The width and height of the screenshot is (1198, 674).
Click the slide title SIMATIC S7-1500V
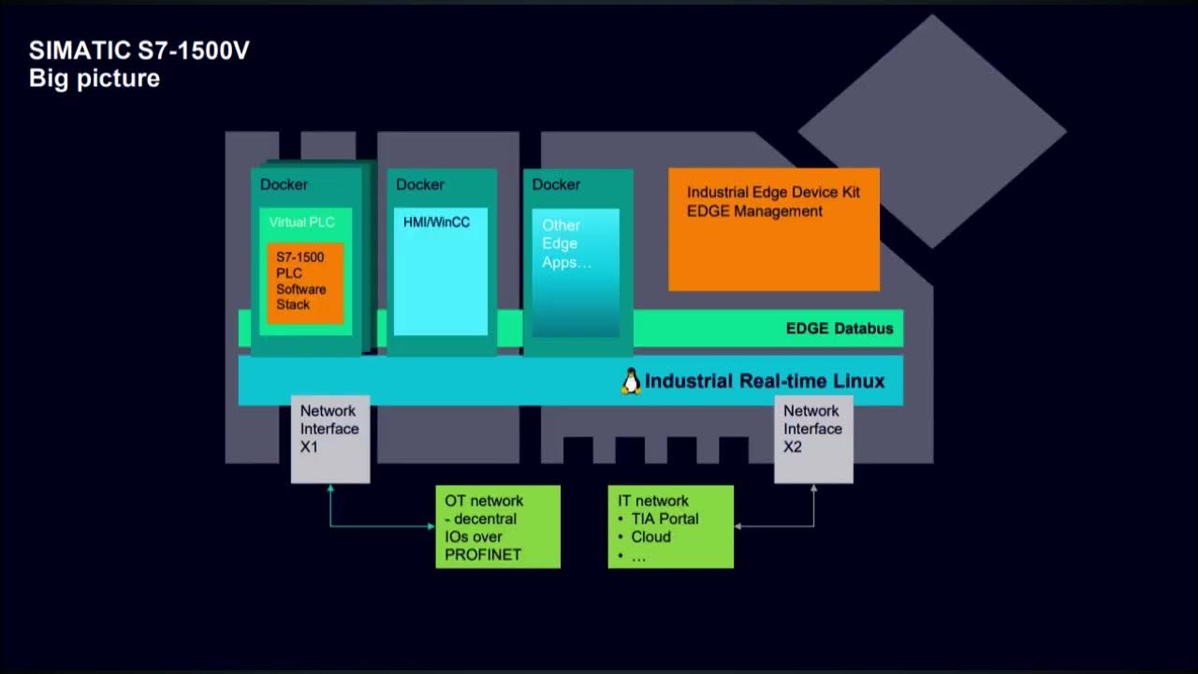pyautogui.click(x=139, y=51)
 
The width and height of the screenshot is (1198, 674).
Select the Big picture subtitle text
pyautogui.click(x=95, y=78)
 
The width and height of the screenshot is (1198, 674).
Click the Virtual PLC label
pyautogui.click(x=301, y=223)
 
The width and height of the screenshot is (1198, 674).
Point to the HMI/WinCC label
pyautogui.click(x=436, y=223)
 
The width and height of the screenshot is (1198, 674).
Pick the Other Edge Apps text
pyautogui.click(x=565, y=243)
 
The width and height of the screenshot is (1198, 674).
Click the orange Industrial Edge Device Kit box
pyautogui.click(x=773, y=229)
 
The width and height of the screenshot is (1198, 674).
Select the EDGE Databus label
pyautogui.click(x=839, y=329)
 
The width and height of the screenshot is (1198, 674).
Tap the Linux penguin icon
pyautogui.click(x=631, y=381)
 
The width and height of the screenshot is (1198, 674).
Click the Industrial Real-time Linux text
pyautogui.click(x=765, y=381)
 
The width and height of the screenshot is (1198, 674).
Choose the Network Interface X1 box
pyautogui.click(x=329, y=438)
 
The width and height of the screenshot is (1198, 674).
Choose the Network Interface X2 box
pyautogui.click(x=812, y=438)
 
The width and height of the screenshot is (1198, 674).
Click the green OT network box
pyautogui.click(x=497, y=526)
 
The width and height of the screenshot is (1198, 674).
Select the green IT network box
pyautogui.click(x=670, y=526)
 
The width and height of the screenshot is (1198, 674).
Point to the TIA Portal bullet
pyautogui.click(x=665, y=519)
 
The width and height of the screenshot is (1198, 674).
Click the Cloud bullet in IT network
pyautogui.click(x=650, y=537)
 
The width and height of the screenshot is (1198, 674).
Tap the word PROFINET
pyautogui.click(x=482, y=554)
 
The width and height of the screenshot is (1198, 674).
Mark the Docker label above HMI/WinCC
pyautogui.click(x=420, y=184)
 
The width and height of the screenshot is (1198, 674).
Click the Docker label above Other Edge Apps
pyautogui.click(x=556, y=184)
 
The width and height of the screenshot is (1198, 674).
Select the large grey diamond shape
pyautogui.click(x=932, y=131)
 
